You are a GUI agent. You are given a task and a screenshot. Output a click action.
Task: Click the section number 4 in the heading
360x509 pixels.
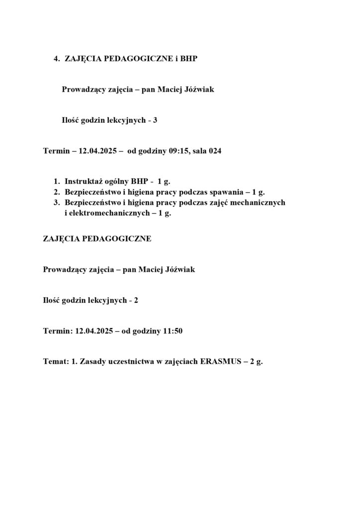coord(56,59)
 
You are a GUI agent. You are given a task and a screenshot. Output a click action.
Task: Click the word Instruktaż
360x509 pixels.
coord(84,182)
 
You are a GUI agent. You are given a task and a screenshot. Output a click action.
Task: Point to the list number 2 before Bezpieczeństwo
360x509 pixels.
coord(56,192)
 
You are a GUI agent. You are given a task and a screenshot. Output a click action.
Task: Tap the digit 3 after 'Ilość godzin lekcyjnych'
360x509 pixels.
coord(155,120)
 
